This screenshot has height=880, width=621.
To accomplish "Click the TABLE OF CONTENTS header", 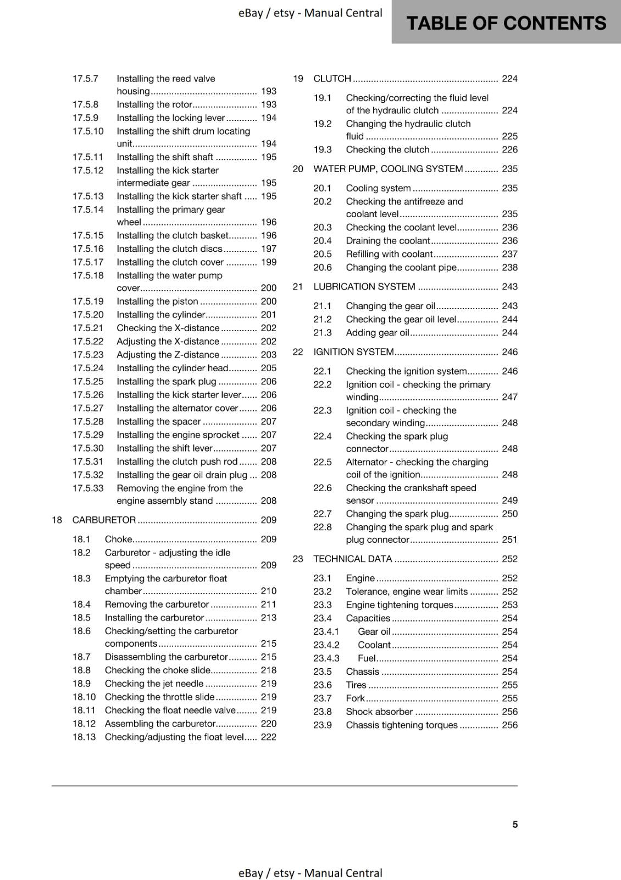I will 506,23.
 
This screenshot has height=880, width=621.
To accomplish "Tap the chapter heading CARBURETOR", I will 104,520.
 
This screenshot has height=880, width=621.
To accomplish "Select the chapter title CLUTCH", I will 332,79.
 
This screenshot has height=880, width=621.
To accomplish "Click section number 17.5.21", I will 88,328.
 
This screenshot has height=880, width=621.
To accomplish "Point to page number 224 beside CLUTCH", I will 509,79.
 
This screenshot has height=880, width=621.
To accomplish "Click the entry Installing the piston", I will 157,301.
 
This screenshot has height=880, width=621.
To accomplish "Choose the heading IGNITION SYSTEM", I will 353,352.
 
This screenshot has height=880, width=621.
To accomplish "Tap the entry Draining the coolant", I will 388,241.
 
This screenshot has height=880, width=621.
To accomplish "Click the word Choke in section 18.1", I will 118,540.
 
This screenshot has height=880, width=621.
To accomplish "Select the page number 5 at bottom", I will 515,824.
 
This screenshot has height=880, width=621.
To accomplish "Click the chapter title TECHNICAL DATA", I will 352,559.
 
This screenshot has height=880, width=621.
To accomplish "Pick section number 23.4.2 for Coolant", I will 326,645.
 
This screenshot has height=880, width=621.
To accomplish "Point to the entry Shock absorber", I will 379,712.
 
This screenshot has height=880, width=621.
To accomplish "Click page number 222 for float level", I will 269,737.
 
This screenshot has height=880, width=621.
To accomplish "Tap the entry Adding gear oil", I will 378,333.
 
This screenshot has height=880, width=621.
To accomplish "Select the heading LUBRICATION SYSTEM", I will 364,287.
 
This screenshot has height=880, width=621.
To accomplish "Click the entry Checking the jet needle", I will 154,684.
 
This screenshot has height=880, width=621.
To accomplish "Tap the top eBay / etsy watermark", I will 310,13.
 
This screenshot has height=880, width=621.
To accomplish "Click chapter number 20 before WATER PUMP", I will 298,169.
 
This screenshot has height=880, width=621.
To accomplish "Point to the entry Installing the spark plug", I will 167,382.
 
